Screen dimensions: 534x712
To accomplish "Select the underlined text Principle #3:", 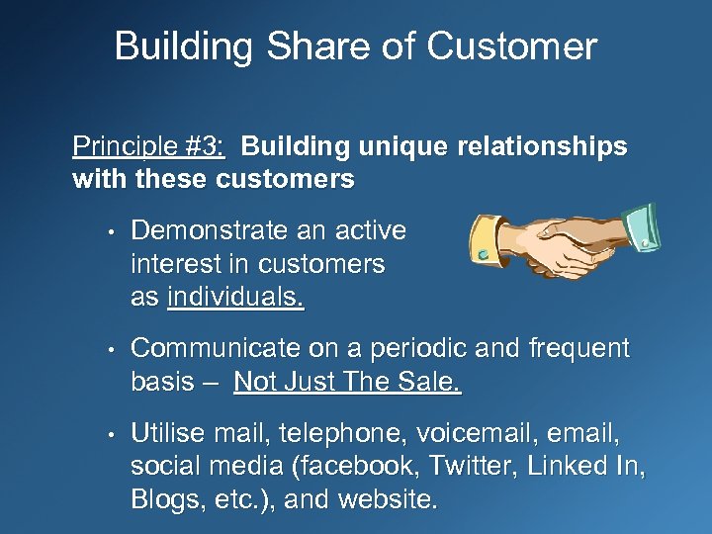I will tap(148, 147).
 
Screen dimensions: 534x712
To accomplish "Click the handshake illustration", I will tap(563, 242).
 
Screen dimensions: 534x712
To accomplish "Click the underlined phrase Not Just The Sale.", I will tap(347, 383).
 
